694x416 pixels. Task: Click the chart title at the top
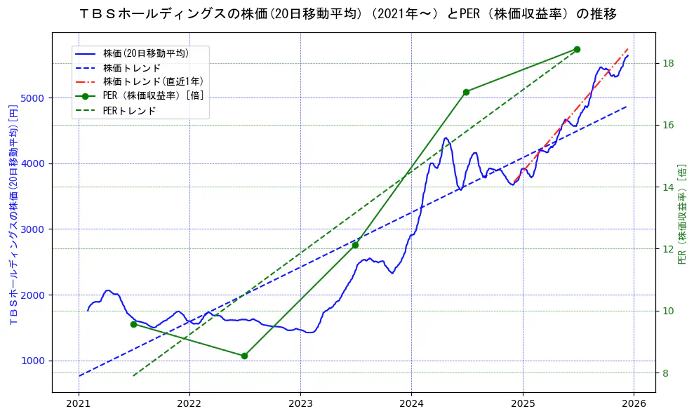348,14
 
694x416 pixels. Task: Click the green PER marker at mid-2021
133,324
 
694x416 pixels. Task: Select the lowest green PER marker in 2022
244,356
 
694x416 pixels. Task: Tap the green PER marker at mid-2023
355,245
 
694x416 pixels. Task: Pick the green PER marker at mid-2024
466,92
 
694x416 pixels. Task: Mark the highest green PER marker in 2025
577,49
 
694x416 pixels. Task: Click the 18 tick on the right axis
668,64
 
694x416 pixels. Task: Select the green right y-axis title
682,214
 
